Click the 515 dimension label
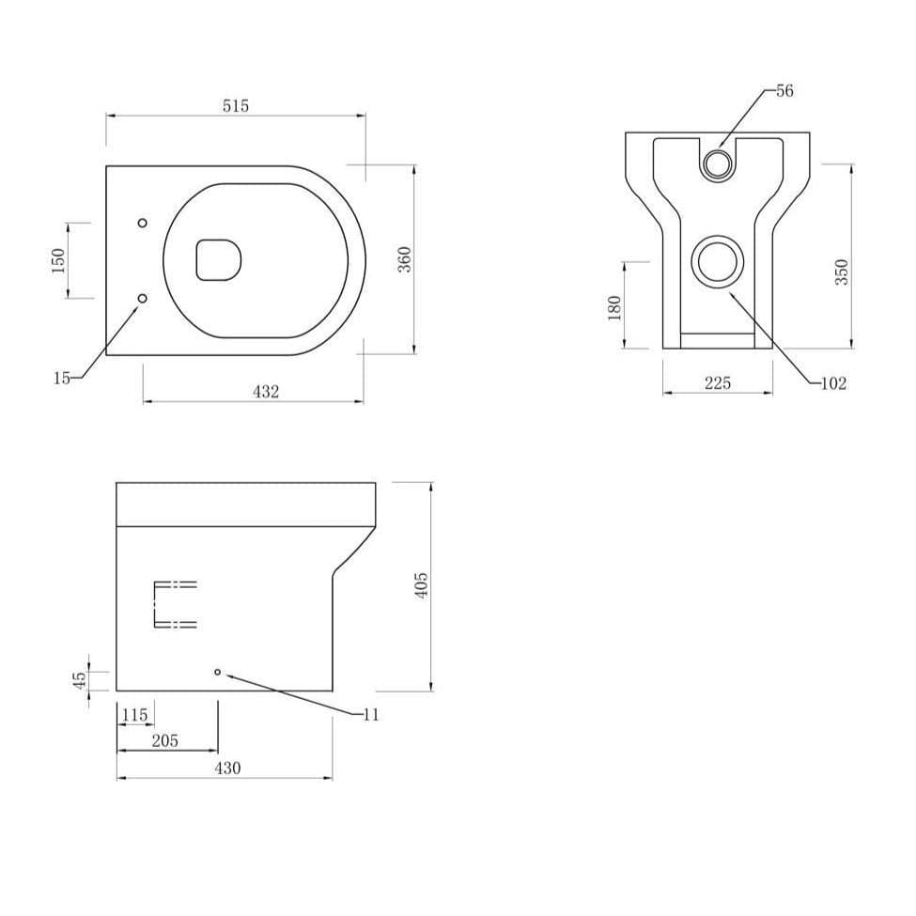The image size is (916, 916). coord(236,106)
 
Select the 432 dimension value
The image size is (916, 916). coord(266,392)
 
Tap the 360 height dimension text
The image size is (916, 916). coord(404,259)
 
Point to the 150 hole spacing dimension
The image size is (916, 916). coord(58,260)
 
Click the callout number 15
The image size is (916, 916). coord(61,378)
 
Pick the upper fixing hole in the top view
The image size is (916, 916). coord(142,223)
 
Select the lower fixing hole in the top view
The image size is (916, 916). coord(142,298)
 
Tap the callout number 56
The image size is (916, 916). coord(784,91)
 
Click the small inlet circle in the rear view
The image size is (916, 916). coord(719,162)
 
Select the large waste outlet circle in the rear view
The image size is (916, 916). coord(719,262)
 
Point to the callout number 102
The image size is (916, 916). coord(831,383)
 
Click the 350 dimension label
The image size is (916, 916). coord(842,272)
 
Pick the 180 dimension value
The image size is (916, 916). coord(614,306)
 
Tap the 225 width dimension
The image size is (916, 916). coord(717,382)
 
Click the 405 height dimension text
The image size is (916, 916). coord(422,585)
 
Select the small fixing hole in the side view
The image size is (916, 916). coord(217,672)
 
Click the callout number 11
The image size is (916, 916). coord(370,715)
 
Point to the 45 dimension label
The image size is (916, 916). coord(81,679)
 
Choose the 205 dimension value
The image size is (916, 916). coord(164,741)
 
